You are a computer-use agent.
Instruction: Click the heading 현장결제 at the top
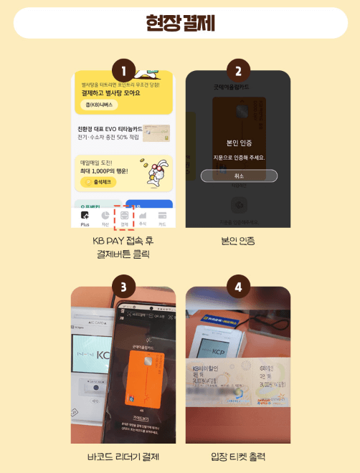pos(180,23)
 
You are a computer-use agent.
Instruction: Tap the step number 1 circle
pos(125,71)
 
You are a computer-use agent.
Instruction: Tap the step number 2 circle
pos(238,71)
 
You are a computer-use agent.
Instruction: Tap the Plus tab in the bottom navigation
pos(85,217)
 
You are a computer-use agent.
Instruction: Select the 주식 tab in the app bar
pos(143,217)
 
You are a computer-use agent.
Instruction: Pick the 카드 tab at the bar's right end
pos(162,217)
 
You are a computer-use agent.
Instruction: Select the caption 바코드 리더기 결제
pos(124,456)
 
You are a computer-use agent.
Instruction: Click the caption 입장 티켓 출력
pos(238,456)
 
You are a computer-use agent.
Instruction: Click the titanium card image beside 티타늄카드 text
pos(156,132)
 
